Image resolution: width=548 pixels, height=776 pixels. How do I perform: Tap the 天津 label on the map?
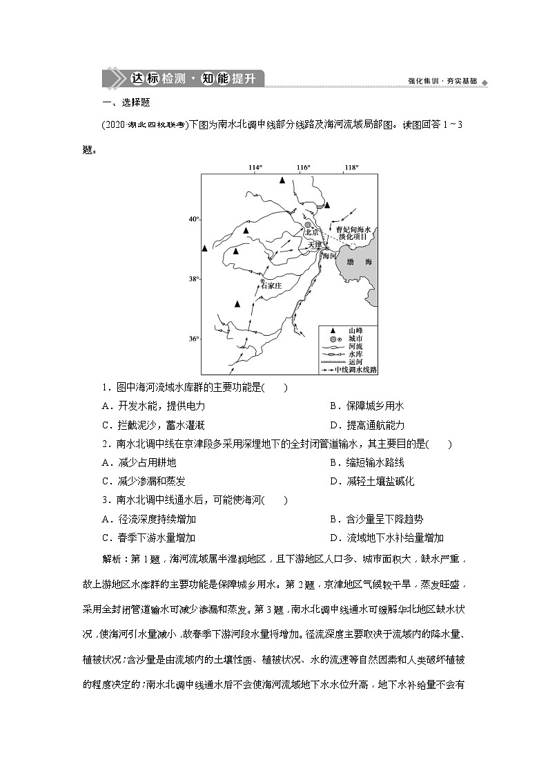click(x=315, y=245)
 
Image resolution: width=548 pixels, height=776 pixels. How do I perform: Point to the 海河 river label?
click(x=329, y=256)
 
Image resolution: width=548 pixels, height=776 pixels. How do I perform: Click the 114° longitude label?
click(x=256, y=168)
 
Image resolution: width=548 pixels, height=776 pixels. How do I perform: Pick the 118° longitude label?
click(x=351, y=168)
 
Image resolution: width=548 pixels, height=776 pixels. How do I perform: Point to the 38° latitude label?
click(x=194, y=278)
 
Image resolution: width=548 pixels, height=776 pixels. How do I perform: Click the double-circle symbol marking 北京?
click(x=309, y=224)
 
